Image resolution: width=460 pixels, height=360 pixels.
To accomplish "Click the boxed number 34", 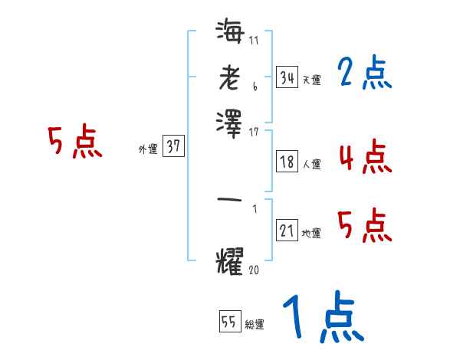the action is (287, 77).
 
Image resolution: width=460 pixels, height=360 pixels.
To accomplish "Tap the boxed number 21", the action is (287, 230).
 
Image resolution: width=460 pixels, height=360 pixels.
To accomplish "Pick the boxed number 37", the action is (173, 147).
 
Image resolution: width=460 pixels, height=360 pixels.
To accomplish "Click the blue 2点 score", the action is (365, 74).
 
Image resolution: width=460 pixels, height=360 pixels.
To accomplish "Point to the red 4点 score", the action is (364, 157).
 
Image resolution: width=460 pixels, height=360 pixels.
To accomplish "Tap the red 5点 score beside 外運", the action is (74, 143).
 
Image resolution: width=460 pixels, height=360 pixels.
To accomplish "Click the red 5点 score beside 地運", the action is (364, 226).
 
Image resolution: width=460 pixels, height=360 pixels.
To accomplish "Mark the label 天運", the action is (311, 80).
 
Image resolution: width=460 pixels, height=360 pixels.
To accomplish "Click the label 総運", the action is (255, 324).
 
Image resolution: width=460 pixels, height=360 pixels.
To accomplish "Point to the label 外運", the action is (148, 149).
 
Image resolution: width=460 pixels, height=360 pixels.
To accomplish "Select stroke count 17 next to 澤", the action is (255, 132).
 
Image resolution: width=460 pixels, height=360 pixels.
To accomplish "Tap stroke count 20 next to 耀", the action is (255, 270).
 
